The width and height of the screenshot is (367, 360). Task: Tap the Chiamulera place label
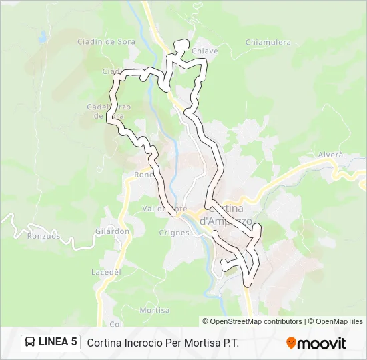pyautogui.click(x=268, y=42)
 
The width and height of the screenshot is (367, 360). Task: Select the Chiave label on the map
pyautogui.click(x=201, y=51)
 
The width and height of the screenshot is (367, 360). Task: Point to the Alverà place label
pyautogui.click(x=330, y=155)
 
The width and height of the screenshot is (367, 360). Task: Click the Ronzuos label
pyautogui.click(x=44, y=235)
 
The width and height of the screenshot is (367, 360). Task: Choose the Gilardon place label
pyautogui.click(x=113, y=231)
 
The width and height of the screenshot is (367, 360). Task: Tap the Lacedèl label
pyautogui.click(x=105, y=272)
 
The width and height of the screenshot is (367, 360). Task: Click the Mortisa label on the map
pyautogui.click(x=155, y=310)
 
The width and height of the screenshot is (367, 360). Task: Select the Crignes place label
pyautogui.click(x=175, y=233)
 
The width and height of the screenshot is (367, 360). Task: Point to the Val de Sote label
pyautogui.click(x=164, y=209)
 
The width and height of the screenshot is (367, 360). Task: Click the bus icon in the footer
pyautogui.click(x=30, y=343)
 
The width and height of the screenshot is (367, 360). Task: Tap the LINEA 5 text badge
pyautogui.click(x=57, y=342)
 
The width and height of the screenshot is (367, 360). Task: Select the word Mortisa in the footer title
pyautogui.click(x=201, y=343)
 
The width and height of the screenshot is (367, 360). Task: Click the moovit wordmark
pyautogui.click(x=322, y=343)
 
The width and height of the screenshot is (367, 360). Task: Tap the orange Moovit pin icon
pyautogui.click(x=291, y=343)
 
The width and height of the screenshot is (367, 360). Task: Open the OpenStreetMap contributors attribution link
pyautogui.click(x=256, y=321)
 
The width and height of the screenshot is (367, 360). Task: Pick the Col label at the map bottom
pyautogui.click(x=116, y=325)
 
